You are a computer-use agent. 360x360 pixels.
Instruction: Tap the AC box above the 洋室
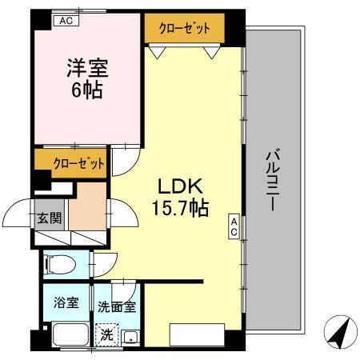pos(66,22)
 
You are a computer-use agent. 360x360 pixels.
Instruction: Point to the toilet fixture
pos(59,263)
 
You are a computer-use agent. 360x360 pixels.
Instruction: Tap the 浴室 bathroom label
pos(65,303)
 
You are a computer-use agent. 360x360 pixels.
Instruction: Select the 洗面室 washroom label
pos(117,305)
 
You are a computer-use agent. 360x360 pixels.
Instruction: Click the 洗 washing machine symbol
pos(106,335)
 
